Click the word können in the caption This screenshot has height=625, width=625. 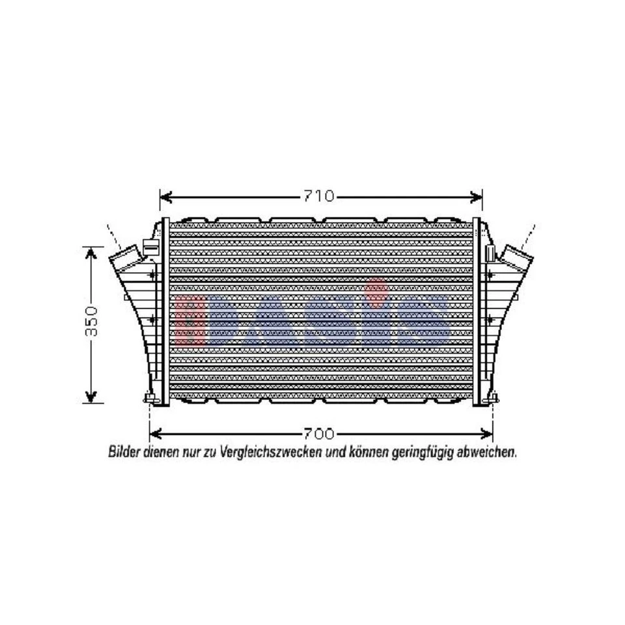368,451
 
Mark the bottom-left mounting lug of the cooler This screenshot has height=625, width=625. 150,398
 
